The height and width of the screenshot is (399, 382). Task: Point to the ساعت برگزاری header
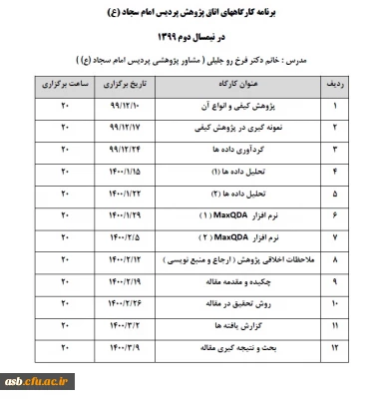pyautogui.click(x=63, y=88)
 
